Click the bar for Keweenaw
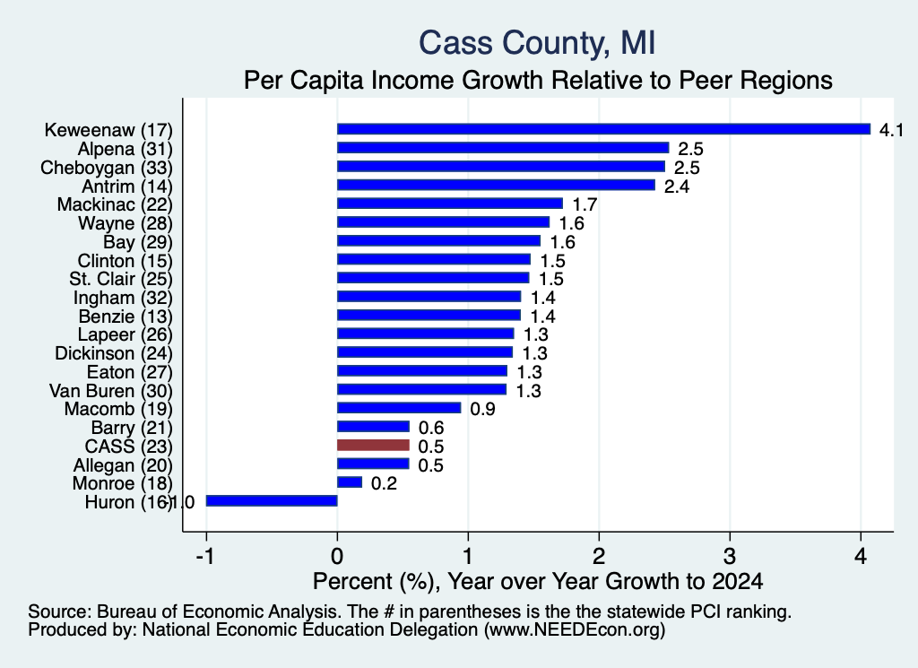603,129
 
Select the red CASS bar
373,446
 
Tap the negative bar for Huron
272,501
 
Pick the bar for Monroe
350,482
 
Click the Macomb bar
399,408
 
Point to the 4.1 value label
891,130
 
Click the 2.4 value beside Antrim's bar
676,187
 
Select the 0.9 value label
482,409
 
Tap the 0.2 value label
384,483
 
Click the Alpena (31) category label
126,149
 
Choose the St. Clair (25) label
121,279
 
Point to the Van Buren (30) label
111,391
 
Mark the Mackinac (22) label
115,204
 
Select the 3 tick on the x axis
730,556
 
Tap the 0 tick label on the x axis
337,556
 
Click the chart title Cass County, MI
537,43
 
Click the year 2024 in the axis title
738,581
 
